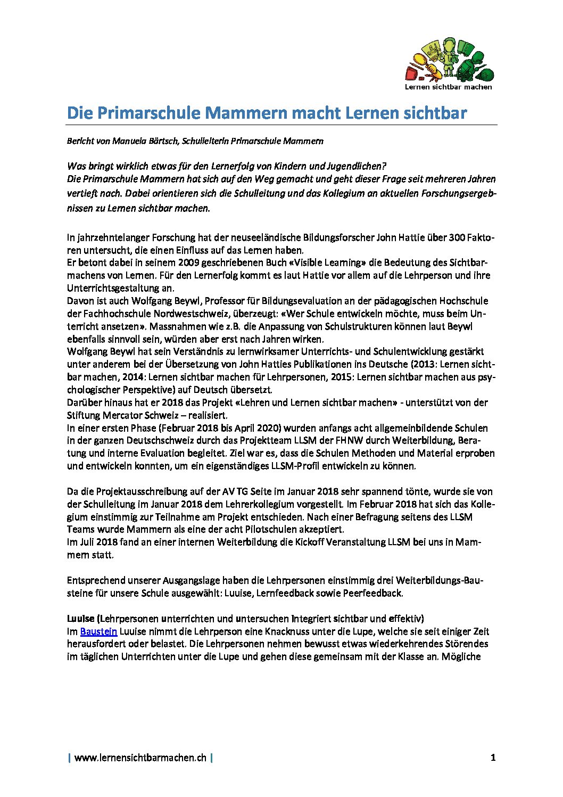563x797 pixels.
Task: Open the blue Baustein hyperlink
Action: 98,631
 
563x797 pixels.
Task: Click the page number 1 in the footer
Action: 493,757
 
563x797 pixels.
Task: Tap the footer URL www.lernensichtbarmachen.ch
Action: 140,758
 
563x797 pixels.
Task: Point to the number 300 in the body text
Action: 457,237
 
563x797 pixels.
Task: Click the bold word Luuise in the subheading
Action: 80,619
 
